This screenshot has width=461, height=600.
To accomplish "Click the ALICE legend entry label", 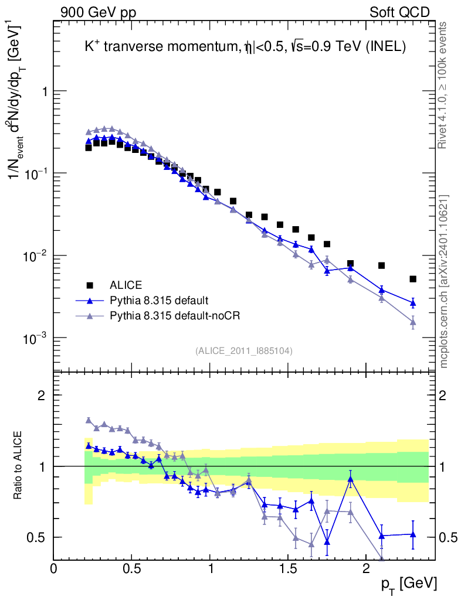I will click(x=126, y=285).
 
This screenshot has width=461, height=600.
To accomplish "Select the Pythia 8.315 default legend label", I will click(x=159, y=301).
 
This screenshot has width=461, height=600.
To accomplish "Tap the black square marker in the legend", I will click(x=90, y=285).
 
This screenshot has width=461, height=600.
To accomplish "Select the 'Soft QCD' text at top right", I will click(x=399, y=12).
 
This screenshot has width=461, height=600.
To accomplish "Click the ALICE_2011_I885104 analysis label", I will click(x=244, y=350).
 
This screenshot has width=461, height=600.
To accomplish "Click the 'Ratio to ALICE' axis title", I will click(x=19, y=465).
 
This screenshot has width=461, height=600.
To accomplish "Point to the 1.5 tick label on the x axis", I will click(x=287, y=569).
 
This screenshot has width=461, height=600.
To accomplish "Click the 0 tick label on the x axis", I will click(x=53, y=569).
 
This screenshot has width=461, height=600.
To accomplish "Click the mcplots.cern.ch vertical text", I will click(x=444, y=281).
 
